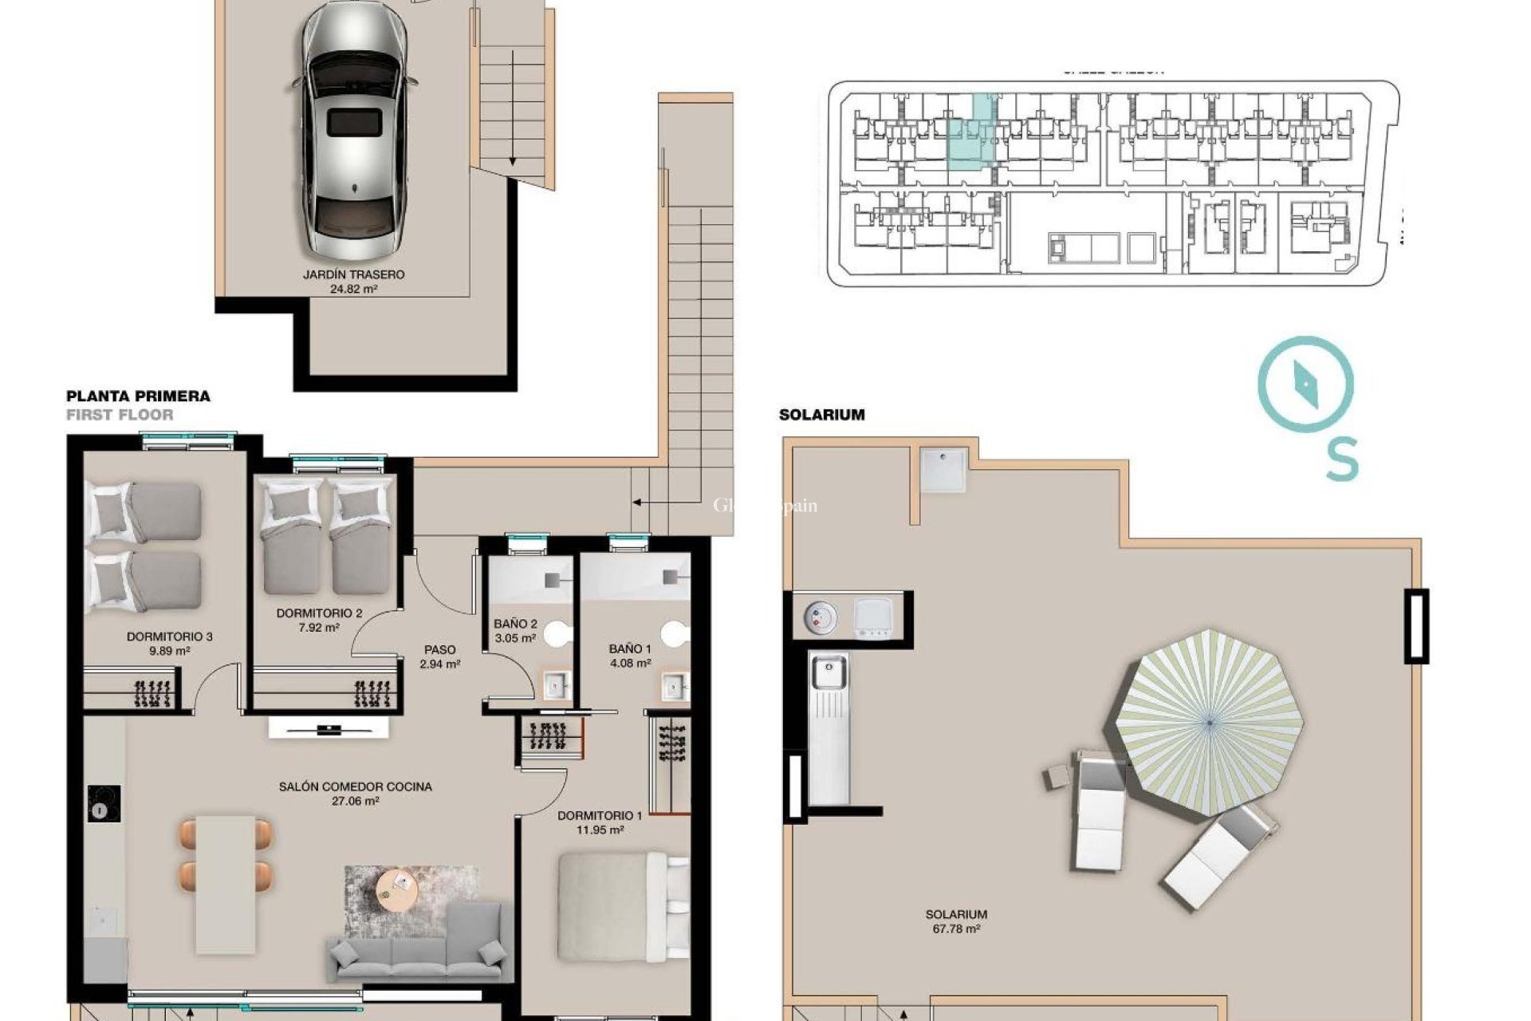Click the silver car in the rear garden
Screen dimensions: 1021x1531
click(x=356, y=128)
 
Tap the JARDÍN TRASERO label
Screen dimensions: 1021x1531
click(x=353, y=274)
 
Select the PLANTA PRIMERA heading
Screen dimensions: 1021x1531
click(x=138, y=396)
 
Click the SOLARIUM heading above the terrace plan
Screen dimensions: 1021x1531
click(x=821, y=415)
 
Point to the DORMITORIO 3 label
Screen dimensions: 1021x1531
click(x=169, y=637)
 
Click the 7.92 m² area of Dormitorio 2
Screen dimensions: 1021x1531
click(x=319, y=628)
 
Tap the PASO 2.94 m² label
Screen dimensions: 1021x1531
click(x=440, y=656)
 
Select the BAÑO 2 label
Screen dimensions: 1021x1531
click(x=515, y=624)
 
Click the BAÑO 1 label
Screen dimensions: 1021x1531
click(x=630, y=648)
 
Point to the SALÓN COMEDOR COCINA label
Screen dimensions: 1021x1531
click(x=355, y=786)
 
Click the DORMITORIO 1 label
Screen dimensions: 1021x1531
click(x=600, y=815)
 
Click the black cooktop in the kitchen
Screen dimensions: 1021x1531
click(x=104, y=804)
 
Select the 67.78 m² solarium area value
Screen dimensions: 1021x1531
click(x=956, y=929)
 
